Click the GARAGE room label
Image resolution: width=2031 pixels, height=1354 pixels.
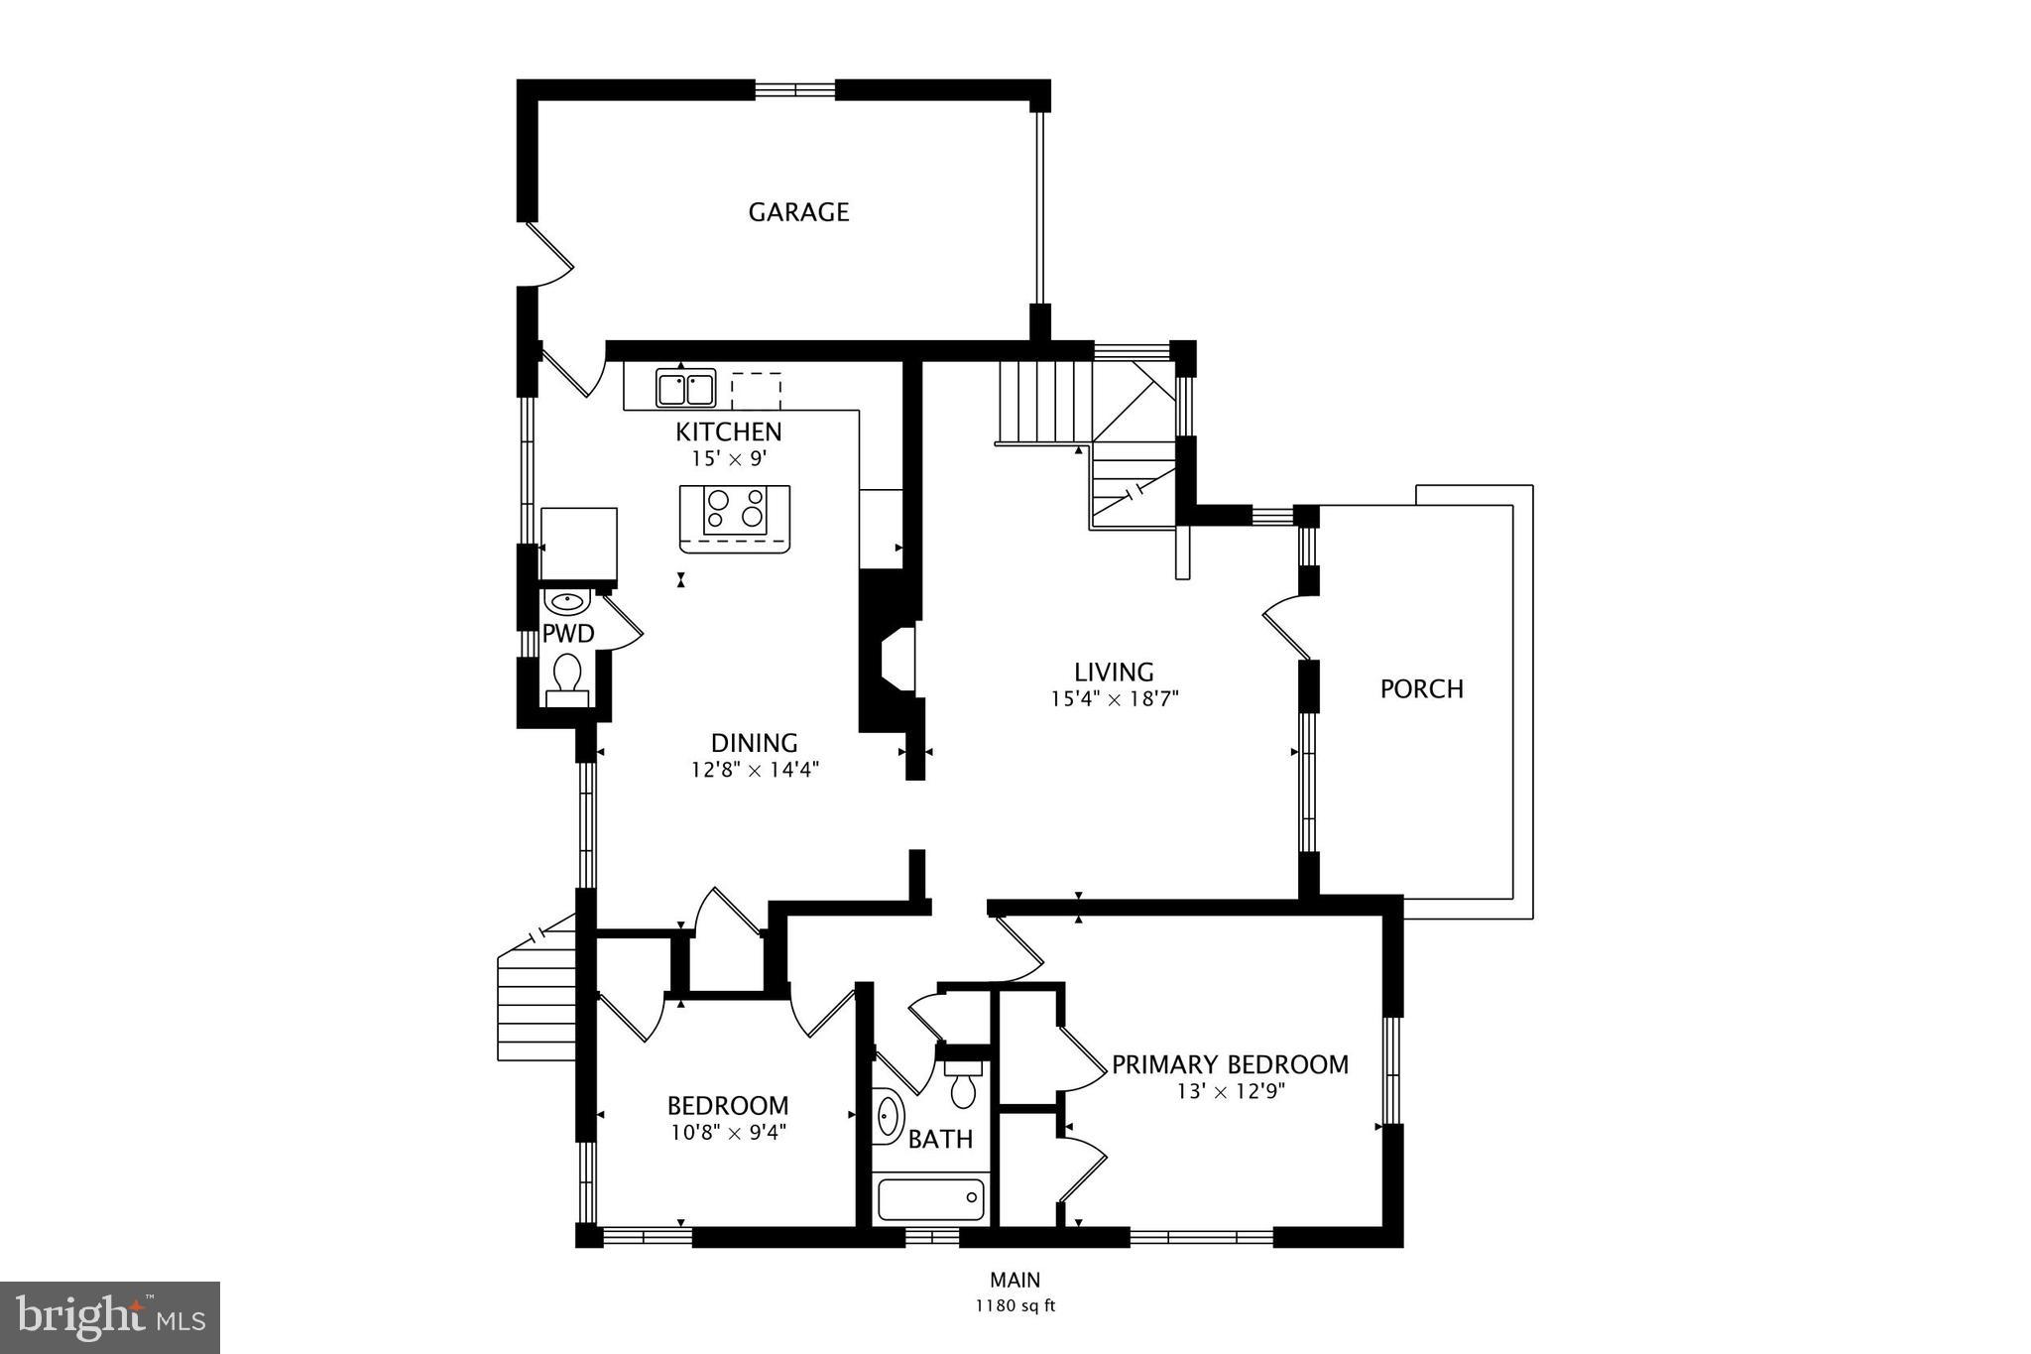(798, 212)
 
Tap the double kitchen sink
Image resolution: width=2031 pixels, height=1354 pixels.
(685, 389)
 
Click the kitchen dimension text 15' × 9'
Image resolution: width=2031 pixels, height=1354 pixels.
(729, 459)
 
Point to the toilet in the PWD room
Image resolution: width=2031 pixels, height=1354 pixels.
(567, 675)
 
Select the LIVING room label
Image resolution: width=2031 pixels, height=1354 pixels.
(1114, 673)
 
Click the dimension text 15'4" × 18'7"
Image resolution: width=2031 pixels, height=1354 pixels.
(1114, 699)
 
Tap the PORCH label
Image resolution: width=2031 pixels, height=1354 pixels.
(1421, 689)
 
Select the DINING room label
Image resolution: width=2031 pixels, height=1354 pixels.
(754, 743)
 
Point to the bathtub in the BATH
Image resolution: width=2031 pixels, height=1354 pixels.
(931, 1200)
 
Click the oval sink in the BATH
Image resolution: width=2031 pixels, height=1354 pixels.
(890, 1115)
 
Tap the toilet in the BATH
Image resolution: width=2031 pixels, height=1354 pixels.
(962, 1086)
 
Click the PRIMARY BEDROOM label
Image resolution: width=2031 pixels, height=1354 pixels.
(1230, 1065)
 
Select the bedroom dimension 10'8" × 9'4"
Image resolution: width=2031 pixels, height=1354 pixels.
(728, 1132)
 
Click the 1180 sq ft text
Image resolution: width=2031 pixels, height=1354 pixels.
(1015, 1306)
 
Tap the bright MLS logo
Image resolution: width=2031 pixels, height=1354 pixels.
(110, 1317)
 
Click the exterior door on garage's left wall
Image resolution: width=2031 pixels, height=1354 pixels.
(548, 253)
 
